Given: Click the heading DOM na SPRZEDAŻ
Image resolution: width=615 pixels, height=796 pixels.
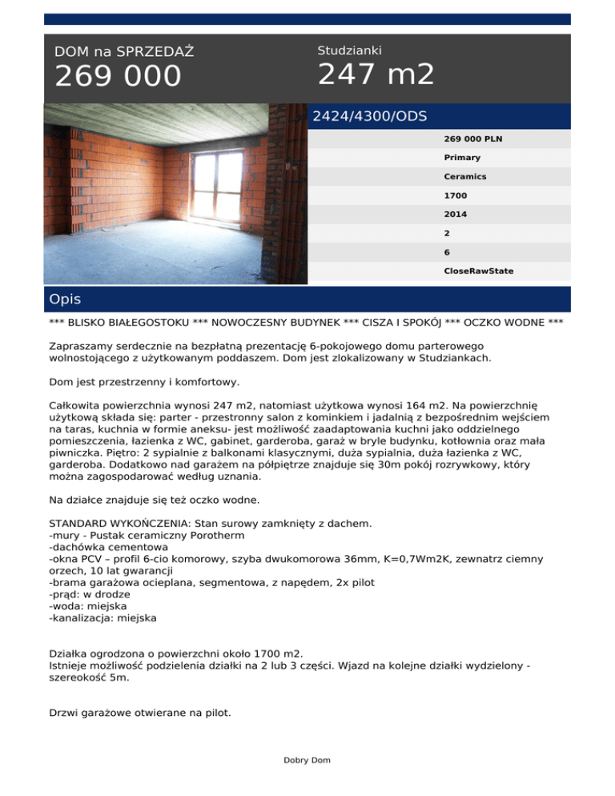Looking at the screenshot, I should (124, 52).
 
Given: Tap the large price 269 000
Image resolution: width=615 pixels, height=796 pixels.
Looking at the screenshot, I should (118, 78).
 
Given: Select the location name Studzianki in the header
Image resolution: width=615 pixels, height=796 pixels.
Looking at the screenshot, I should (350, 50).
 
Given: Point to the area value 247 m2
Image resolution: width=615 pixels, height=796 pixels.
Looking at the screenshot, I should (376, 75).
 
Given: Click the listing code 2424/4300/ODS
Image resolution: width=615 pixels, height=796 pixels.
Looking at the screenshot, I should (370, 116).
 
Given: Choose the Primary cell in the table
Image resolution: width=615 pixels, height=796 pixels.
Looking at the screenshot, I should (462, 158).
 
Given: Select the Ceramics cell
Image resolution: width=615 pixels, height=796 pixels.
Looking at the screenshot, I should (465, 176).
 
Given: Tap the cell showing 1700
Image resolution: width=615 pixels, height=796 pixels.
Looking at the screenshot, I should (456, 195).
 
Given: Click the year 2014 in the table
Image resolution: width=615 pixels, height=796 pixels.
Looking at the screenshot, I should (456, 215).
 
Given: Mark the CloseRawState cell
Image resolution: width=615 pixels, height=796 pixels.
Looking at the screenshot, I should (479, 271).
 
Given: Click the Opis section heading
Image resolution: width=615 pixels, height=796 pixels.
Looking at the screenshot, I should (64, 300).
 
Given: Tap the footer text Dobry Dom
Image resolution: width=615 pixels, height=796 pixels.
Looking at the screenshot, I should (307, 760).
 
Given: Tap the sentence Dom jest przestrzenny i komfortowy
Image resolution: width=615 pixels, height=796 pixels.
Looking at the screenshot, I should (143, 382).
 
